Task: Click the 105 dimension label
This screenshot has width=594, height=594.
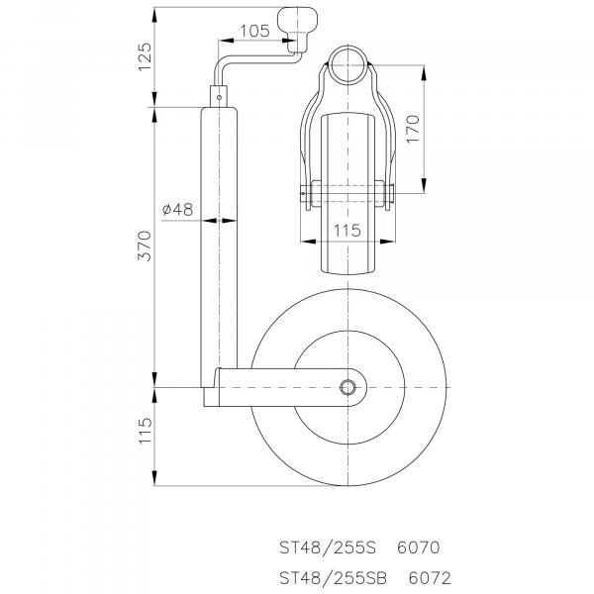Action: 255,31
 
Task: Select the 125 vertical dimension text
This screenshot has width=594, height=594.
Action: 145,56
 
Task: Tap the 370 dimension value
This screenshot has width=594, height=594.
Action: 145,246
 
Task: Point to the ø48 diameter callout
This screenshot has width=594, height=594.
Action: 177,209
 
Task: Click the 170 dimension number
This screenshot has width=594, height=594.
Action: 413,129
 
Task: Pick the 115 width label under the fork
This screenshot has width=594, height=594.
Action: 347,231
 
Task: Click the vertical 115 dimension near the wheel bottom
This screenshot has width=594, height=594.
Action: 145,431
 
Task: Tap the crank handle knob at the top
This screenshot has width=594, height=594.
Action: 298,30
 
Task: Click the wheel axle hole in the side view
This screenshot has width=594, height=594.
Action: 347,387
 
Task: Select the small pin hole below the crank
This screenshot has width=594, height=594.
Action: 219,97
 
